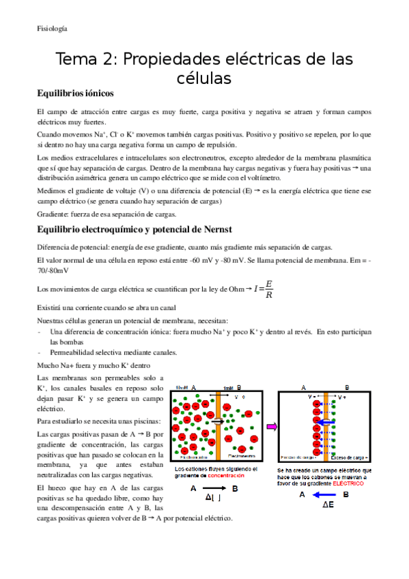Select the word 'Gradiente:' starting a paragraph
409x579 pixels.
coord(53,214)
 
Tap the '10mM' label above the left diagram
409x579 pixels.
coord(182,387)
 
